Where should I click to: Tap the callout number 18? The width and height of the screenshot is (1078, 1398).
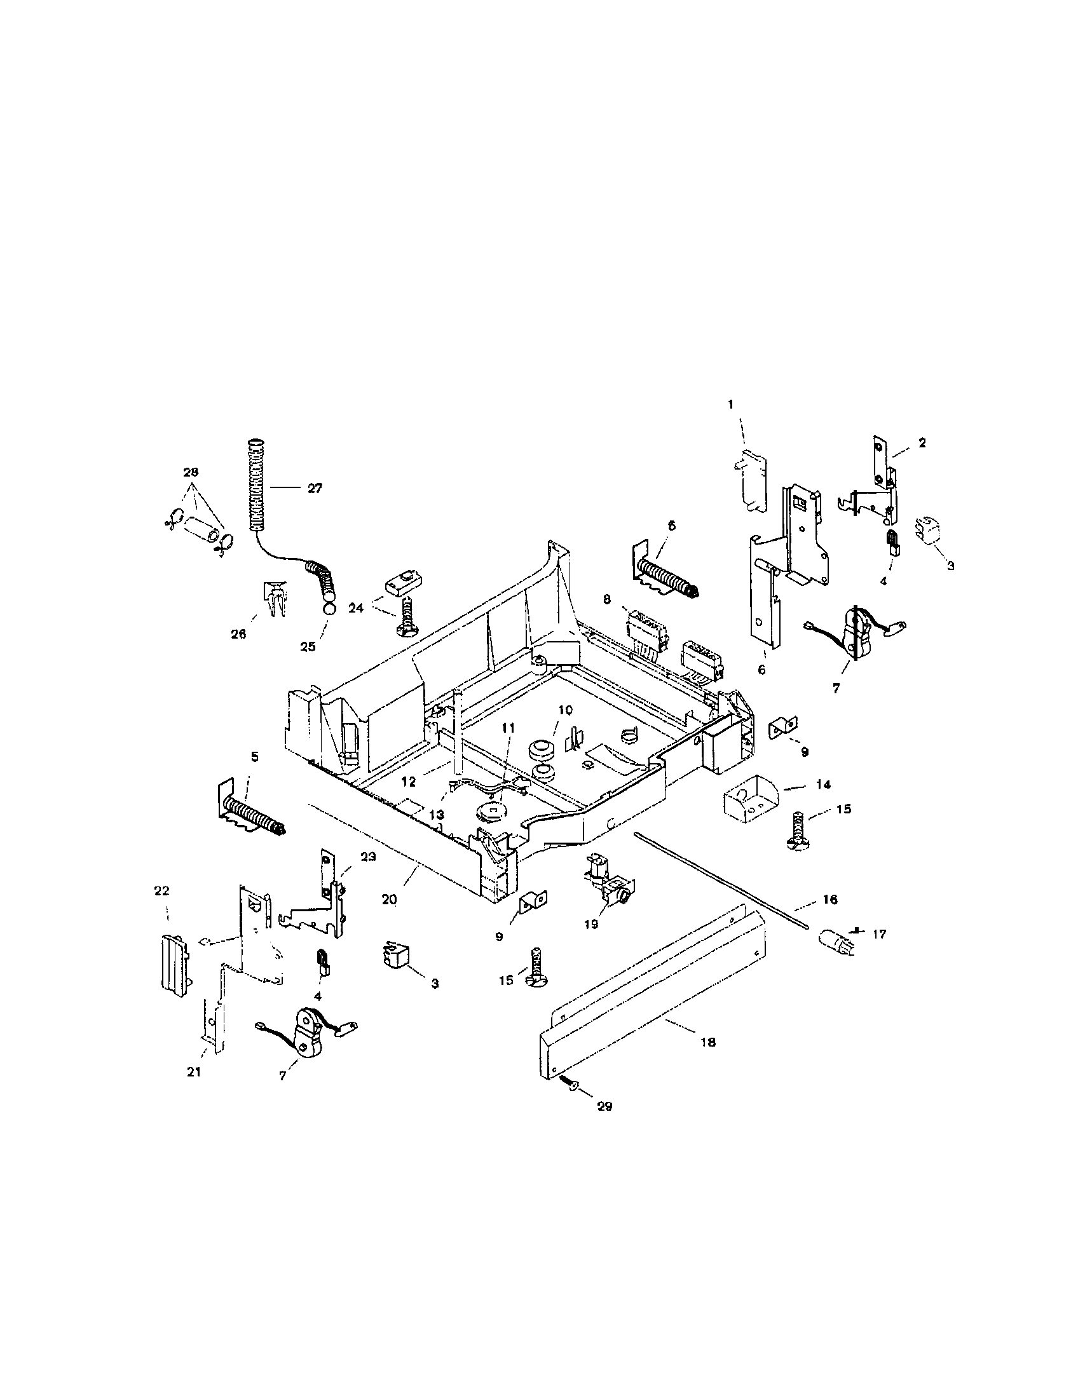[708, 1043]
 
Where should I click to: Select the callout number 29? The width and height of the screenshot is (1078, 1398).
[604, 1106]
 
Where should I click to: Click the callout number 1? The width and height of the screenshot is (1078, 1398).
[730, 404]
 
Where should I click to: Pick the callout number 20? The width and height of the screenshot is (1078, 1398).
[389, 899]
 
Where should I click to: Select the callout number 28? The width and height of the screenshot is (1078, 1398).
[191, 472]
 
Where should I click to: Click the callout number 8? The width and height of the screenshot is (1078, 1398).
[607, 599]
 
